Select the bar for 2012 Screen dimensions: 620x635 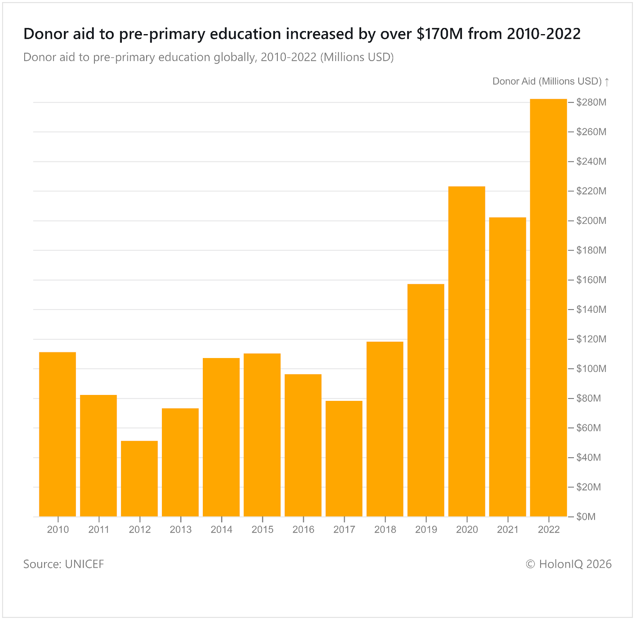pos(139,478)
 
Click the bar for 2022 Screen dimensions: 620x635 pos(548,308)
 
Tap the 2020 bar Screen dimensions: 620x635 pos(467,351)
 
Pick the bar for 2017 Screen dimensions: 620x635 pos(344,458)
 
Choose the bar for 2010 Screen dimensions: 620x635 pos(58,434)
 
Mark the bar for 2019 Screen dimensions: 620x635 pos(426,400)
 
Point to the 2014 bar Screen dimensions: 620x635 pos(221,437)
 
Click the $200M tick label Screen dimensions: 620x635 pos(591,221)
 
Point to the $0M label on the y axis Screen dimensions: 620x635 pos(586,517)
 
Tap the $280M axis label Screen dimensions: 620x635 pos(591,102)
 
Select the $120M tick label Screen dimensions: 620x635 pos(591,339)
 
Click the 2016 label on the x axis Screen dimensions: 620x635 pos(303,530)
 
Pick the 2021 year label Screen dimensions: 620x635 pos(508,530)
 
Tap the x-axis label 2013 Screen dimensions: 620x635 pos(181,530)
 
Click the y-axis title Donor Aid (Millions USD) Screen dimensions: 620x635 pos(547,81)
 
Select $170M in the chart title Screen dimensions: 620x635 pos(440,34)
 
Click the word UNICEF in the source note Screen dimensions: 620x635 pos(84,564)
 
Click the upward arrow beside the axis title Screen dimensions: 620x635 pos(607,82)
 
